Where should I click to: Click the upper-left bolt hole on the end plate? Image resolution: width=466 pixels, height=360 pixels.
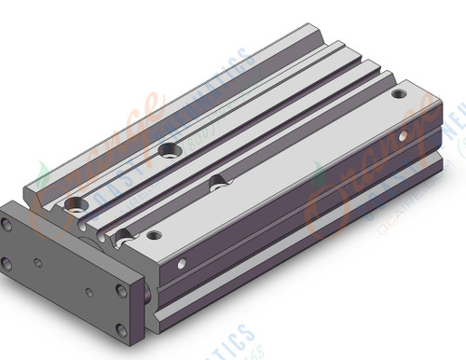pyautogui.click(x=8, y=225)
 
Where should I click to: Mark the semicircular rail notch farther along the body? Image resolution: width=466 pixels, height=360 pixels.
pyautogui.click(x=216, y=178)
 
